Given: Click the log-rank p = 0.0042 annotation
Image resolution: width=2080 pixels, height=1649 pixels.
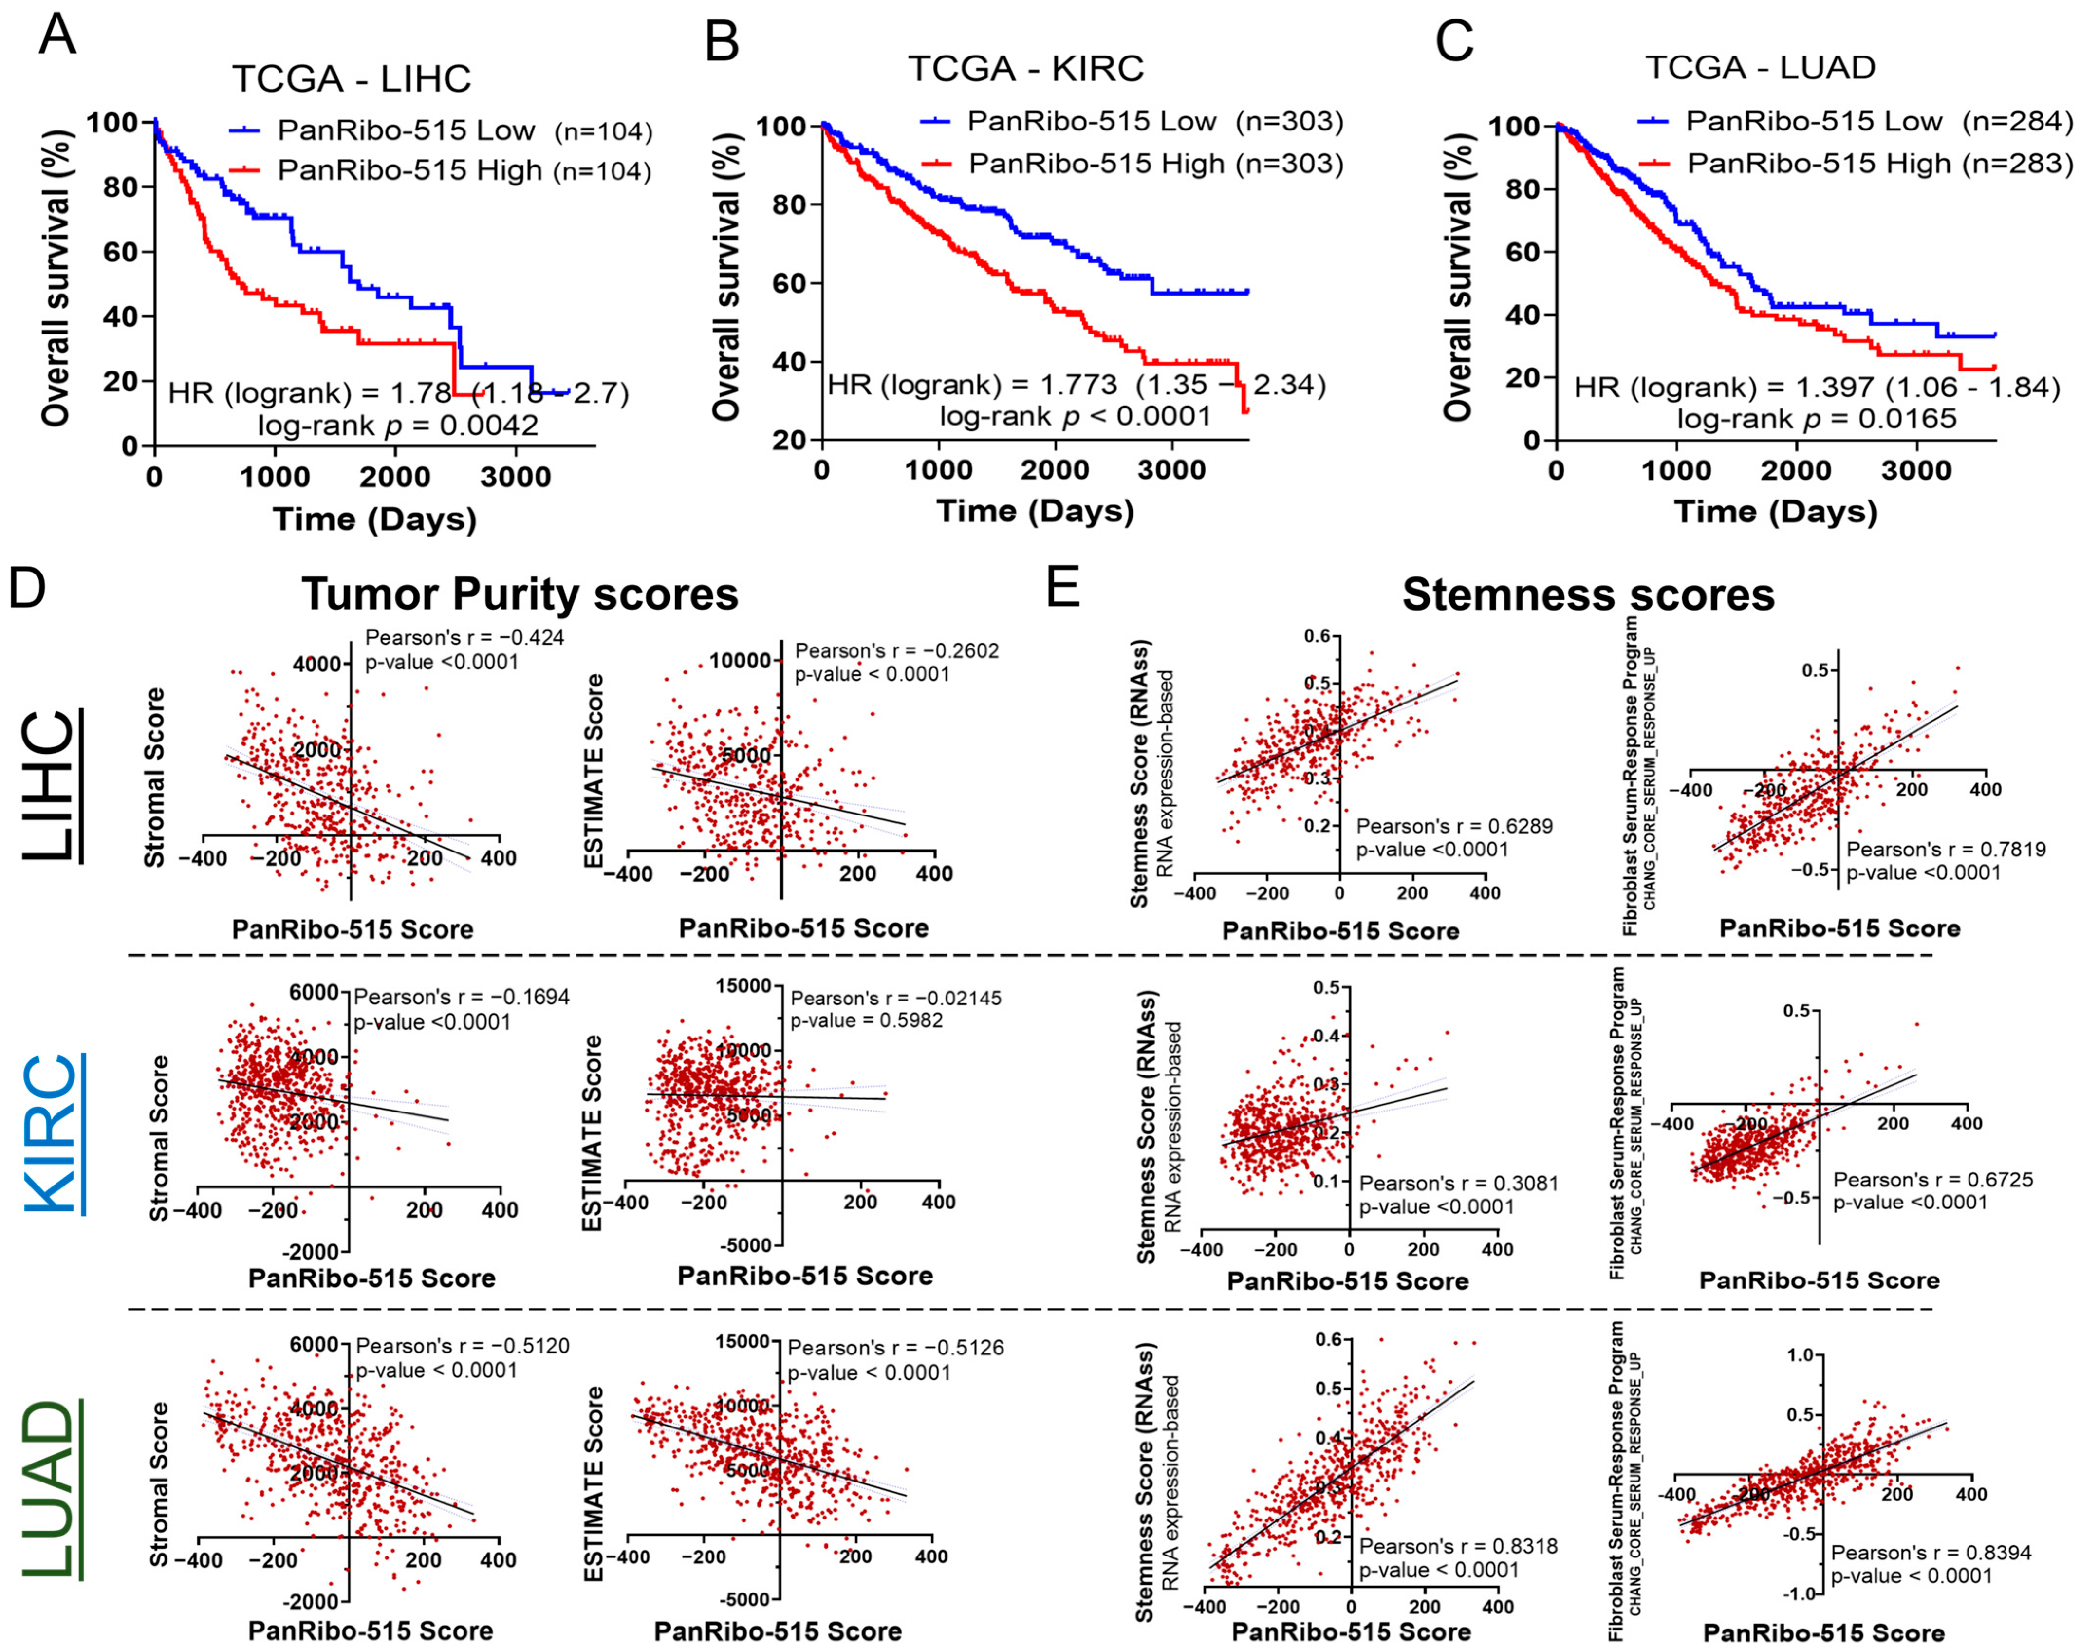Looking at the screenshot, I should (x=397, y=425).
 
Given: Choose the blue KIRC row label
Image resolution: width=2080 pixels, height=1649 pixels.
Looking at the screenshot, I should (x=48, y=1134).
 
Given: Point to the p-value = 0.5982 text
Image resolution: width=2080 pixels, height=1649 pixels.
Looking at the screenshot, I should (x=866, y=1020).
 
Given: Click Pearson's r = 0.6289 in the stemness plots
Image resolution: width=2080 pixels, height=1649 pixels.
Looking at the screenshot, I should (x=1454, y=827).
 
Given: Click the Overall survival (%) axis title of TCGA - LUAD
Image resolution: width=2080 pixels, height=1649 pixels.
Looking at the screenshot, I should (x=1459, y=277).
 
